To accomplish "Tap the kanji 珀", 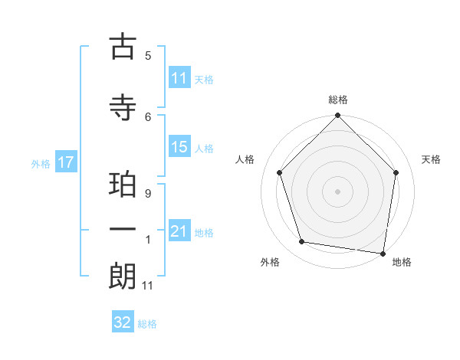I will pos(123,187).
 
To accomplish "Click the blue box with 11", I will pos(179,78).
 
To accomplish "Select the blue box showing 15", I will pos(179,147).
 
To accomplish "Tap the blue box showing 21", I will pos(179,231).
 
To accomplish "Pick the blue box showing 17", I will pos(65,162).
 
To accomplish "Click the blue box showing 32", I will pos(123,322).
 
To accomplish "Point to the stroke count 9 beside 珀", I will pos(147,194).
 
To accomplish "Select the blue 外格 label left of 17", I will pos(41,163).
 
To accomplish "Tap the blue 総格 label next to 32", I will pos(148,324).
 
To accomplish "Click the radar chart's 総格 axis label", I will pos(338,100).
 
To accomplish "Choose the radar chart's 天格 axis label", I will pos(432,159).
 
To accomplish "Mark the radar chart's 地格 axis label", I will pos(402,262).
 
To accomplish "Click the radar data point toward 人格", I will pos(279,172).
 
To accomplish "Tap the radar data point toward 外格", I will pos(302,242).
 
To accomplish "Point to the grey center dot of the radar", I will pos(337,191).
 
